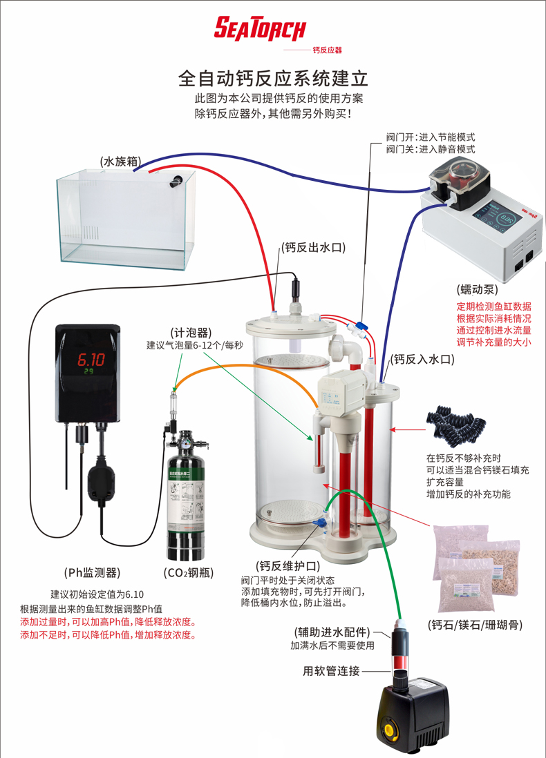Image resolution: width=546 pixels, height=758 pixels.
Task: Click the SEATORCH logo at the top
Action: [x=259, y=28]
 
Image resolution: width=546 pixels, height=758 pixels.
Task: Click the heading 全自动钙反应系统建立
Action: [x=273, y=77]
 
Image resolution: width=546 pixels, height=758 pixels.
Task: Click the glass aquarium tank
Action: [x=124, y=217]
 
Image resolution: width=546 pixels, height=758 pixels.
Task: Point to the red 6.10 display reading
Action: [x=91, y=359]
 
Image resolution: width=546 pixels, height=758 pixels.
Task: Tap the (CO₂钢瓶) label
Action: [x=189, y=572]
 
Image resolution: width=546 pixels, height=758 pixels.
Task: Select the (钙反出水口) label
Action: [x=313, y=247]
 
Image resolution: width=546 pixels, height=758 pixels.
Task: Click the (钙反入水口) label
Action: [x=422, y=359]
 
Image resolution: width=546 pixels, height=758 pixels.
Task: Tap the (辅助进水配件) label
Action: [x=332, y=632]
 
